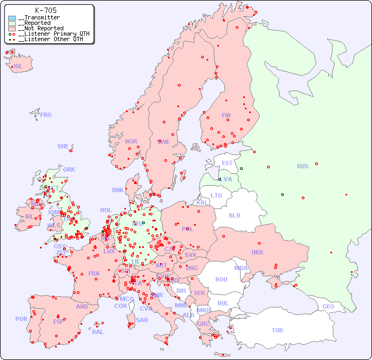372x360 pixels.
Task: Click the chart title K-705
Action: coord(46,10)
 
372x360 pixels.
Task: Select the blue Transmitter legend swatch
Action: coord(12,18)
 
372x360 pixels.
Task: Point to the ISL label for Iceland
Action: coord(18,67)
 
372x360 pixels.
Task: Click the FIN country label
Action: coord(226,115)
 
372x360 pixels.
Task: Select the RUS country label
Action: coord(302,166)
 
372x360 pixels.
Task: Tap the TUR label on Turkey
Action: coord(277,330)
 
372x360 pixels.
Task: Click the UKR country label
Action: coord(257,252)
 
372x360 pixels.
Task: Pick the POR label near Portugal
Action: coord(21,319)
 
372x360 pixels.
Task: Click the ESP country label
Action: coord(58,321)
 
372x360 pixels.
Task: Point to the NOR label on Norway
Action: coord(131,141)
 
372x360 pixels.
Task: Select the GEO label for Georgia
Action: coord(328,306)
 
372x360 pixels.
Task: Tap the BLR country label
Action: coord(234,215)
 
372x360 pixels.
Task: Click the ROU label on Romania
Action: coord(221,279)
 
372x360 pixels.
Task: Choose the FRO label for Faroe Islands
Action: coord(46,115)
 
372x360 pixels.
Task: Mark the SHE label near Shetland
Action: coord(63,146)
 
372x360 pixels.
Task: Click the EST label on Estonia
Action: coord(227,163)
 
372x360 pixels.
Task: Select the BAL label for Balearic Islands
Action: coord(98,332)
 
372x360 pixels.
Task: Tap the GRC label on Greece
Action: coord(203,324)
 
